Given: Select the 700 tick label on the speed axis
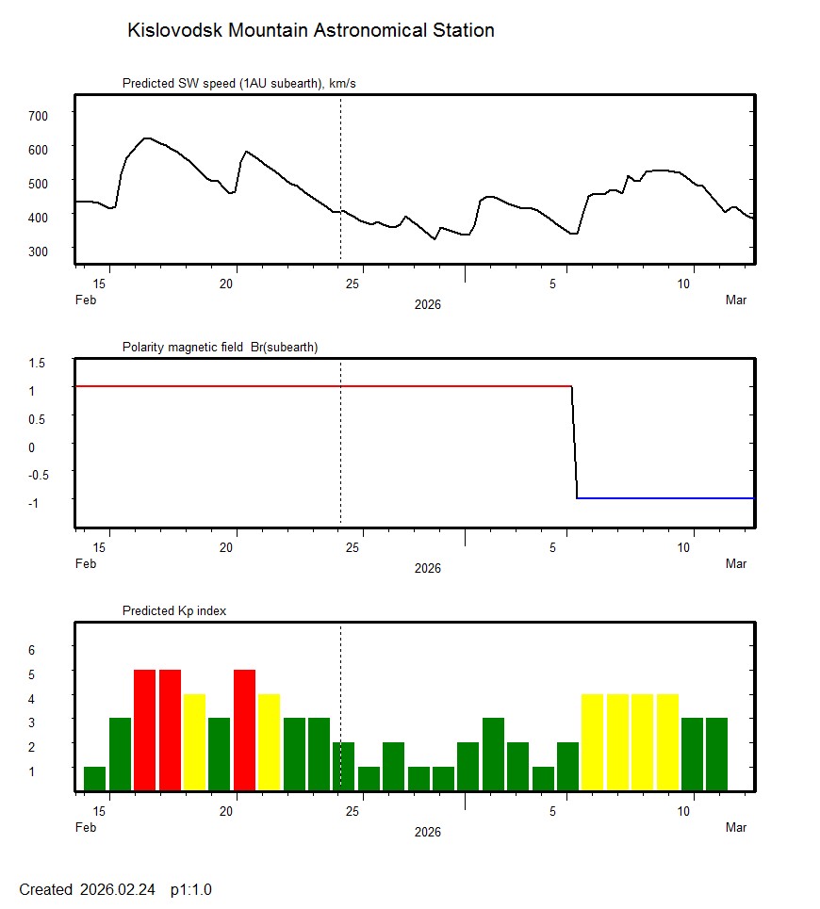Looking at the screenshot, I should [x=38, y=115].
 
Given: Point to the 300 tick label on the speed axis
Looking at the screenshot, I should [x=38, y=251].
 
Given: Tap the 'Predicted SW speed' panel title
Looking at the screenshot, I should [x=238, y=84].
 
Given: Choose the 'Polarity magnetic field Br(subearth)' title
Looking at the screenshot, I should [x=220, y=348].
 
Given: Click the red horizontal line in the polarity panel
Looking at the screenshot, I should [x=320, y=386].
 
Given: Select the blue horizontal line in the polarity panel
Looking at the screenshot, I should [x=664, y=497].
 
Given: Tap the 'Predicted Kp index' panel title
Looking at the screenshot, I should [x=174, y=611].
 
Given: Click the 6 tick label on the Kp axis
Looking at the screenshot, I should [x=31, y=650].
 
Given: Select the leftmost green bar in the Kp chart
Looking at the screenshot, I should [x=94, y=779].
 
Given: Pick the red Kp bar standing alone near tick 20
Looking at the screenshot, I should [x=244, y=730].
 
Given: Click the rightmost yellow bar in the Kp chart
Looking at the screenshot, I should [x=667, y=742].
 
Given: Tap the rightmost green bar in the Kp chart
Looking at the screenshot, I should [x=717, y=755].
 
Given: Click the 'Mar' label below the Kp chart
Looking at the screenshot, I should [x=736, y=828].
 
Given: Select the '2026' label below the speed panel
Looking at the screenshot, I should [x=427, y=305].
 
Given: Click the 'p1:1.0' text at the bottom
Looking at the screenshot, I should [x=190, y=889].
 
